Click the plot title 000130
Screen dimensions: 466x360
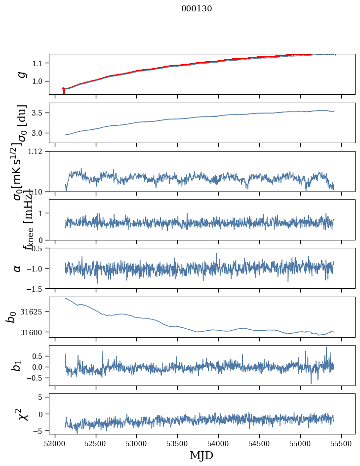click(x=197, y=9)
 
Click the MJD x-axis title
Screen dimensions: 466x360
click(x=201, y=456)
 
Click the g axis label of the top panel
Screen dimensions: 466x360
click(x=21, y=74)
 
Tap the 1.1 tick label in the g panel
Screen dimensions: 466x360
click(x=38, y=63)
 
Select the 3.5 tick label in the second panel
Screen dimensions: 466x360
click(x=38, y=113)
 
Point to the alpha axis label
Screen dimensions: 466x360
click(x=18, y=268)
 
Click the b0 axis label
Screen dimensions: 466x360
click(x=11, y=317)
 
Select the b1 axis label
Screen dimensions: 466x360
click(x=17, y=365)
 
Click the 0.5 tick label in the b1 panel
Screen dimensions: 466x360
click(x=38, y=356)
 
